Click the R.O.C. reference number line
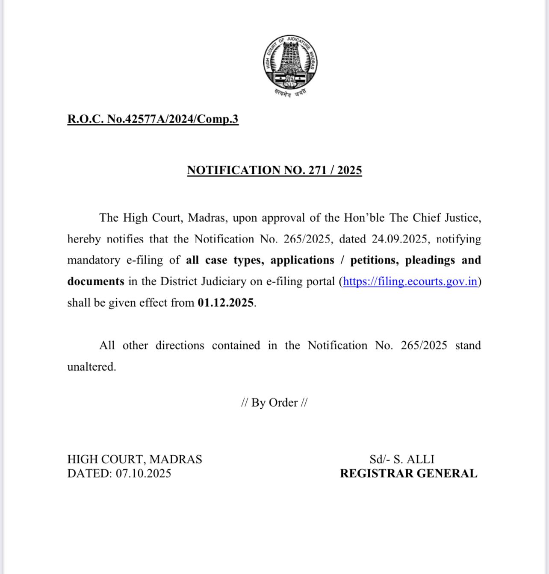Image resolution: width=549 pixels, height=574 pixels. pyautogui.click(x=153, y=119)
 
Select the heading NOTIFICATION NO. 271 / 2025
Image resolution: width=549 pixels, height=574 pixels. pyautogui.click(x=274, y=170)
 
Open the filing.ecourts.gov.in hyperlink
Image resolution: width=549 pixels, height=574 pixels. pyautogui.click(x=410, y=281)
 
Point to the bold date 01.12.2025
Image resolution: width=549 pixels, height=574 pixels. pyautogui.click(x=226, y=303)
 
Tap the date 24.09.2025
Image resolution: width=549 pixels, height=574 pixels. pyautogui.click(x=399, y=239)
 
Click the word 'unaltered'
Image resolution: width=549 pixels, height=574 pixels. pyautogui.click(x=91, y=367)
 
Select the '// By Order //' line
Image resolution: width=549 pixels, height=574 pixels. pyautogui.click(x=274, y=402)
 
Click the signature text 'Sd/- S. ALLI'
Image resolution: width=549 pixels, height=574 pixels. pyautogui.click(x=402, y=459)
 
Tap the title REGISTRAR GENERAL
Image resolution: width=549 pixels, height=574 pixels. pyautogui.click(x=408, y=473)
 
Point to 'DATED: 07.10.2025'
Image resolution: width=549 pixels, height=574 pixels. pyautogui.click(x=119, y=473)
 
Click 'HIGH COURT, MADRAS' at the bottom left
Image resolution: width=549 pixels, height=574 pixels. pyautogui.click(x=134, y=459)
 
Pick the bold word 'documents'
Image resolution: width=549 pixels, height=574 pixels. pyautogui.click(x=95, y=281)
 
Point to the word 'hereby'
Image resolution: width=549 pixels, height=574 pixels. pyautogui.click(x=84, y=239)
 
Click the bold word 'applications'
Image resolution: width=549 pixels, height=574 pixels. pyautogui.click(x=302, y=260)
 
